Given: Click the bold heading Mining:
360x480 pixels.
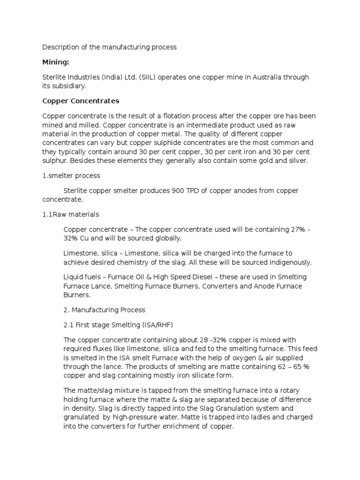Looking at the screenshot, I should [56, 61].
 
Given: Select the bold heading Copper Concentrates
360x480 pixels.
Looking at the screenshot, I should [81, 101].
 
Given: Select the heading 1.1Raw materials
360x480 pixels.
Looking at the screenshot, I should [71, 214].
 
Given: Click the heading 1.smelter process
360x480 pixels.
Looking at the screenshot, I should [71, 175].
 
